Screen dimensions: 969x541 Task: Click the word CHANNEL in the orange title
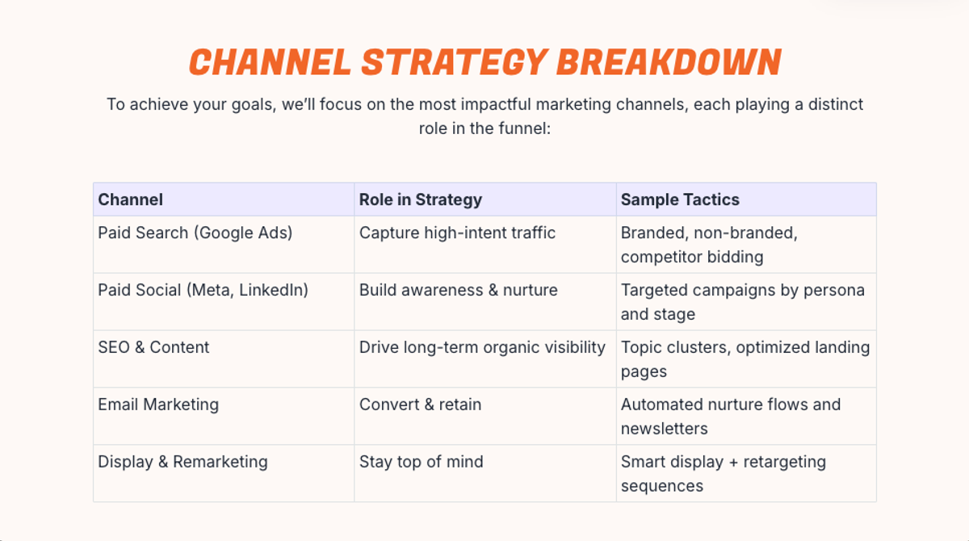point(270,62)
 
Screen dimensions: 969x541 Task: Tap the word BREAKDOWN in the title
point(669,62)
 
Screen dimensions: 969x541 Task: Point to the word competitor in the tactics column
point(661,258)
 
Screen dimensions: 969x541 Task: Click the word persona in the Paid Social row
point(834,291)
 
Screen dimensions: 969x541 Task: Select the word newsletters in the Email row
point(665,429)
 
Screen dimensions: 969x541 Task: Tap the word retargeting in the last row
point(785,463)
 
